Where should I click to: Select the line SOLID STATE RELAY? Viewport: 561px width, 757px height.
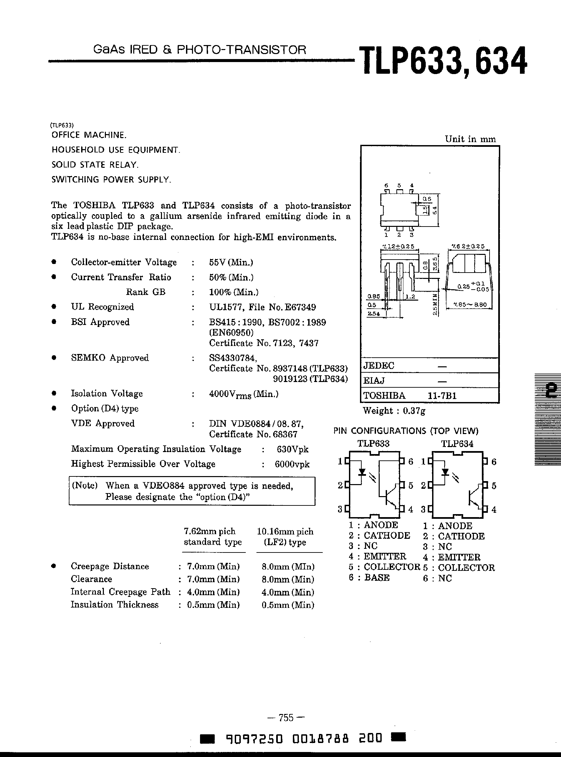coord(95,165)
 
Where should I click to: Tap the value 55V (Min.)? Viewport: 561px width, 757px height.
coord(231,262)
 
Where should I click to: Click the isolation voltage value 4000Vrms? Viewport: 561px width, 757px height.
coord(244,394)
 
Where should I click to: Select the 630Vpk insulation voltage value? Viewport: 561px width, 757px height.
coord(293,449)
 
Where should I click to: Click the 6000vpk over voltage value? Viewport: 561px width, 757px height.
coord(292,464)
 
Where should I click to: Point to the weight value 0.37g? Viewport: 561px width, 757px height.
coord(414,411)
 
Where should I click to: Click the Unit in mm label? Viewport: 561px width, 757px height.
coord(470,139)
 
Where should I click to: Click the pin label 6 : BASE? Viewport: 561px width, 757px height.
coord(369,578)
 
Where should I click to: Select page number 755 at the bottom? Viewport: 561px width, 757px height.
coord(286,718)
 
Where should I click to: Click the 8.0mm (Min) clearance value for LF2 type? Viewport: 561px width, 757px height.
coord(288,579)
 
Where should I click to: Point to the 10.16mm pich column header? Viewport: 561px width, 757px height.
coord(285,531)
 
